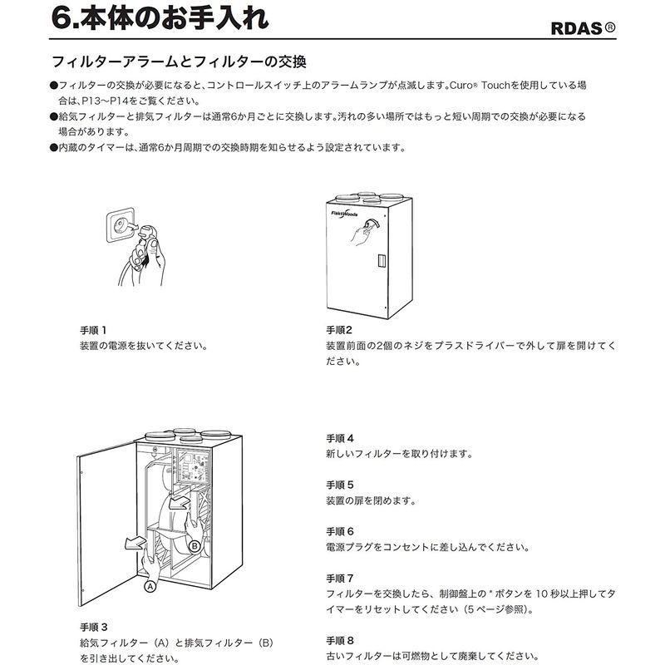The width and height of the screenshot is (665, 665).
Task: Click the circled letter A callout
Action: pos(150,585)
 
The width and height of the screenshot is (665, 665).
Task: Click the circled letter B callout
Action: pos(195,546)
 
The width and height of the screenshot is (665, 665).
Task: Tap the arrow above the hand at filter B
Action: pos(179,504)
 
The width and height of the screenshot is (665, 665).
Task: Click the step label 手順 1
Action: pos(94,329)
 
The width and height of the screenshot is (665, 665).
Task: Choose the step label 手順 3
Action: pos(94,626)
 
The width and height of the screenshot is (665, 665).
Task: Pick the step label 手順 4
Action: pos(340,437)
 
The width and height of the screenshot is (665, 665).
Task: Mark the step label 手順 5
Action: pos(340,484)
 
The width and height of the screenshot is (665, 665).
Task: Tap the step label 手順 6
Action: pos(340,530)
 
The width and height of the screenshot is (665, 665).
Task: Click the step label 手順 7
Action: pos(340,577)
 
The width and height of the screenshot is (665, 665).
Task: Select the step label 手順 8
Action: pos(340,639)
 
